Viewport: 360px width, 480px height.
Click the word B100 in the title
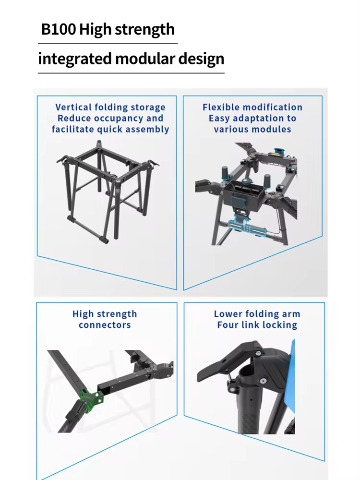point(59,30)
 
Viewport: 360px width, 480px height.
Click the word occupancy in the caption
point(118,119)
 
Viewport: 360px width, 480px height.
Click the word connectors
point(105,325)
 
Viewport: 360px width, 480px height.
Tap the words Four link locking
point(257,325)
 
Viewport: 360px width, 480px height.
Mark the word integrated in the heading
point(74,60)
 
